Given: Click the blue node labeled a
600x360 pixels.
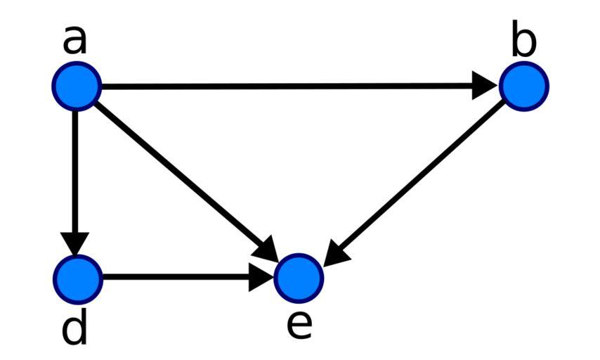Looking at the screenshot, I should click(77, 86).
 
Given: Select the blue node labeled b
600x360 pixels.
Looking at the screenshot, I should click(523, 86).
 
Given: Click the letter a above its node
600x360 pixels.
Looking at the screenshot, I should click(75, 41).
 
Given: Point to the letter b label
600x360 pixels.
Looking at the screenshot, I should click(523, 42).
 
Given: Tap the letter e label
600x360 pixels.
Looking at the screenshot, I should click(299, 325).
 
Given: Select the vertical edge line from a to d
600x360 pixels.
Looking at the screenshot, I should click(77, 169).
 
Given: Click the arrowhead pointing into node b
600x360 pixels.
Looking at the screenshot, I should click(485, 86).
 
